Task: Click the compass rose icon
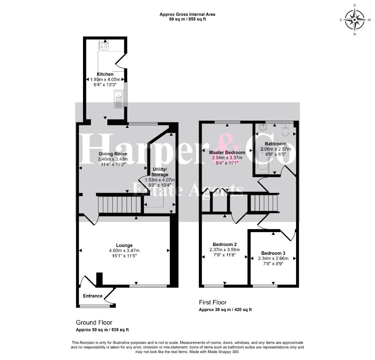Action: point(355,20)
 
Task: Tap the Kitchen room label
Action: point(105,74)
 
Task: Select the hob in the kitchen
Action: point(104,45)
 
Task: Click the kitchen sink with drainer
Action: point(119,99)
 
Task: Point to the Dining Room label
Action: point(113,154)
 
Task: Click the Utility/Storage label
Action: point(160,172)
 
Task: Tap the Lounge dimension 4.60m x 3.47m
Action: point(124,250)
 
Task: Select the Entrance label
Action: point(93,296)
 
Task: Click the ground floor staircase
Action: point(119,204)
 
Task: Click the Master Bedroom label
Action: point(227,152)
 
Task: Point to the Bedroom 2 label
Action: point(225,244)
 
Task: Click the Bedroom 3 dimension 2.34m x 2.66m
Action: point(273,258)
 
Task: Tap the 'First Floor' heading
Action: point(213,302)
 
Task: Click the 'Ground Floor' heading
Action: point(94,322)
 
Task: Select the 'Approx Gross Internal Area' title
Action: point(187,14)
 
